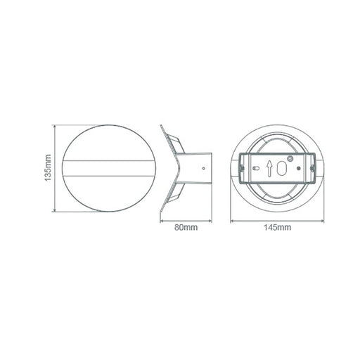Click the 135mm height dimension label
click(x=48, y=168)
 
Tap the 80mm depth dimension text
click(x=186, y=227)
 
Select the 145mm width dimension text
click(x=278, y=227)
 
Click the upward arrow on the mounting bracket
click(x=269, y=168)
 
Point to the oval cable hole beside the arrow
click(x=281, y=168)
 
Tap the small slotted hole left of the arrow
click(x=256, y=168)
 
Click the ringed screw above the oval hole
click(x=290, y=159)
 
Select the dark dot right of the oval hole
click(x=299, y=168)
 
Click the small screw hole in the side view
click(x=203, y=168)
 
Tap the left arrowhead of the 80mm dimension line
click(x=162, y=221)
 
